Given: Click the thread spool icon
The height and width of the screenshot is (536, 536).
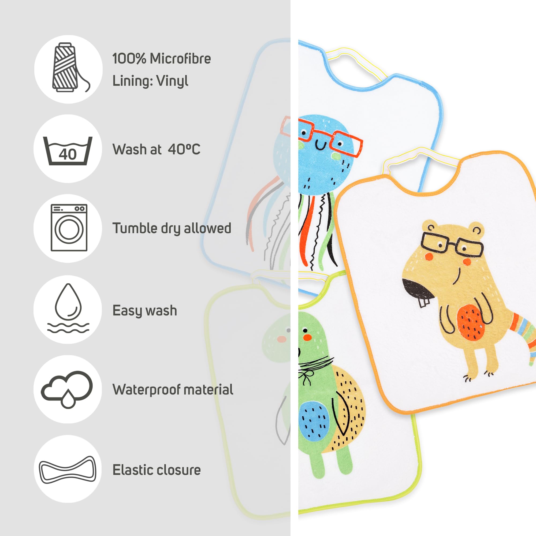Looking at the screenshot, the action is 69,68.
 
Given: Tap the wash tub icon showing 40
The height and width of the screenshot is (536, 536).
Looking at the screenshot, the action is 68,151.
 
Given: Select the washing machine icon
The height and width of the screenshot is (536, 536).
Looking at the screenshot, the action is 69,228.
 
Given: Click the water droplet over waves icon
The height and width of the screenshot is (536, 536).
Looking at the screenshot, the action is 68,308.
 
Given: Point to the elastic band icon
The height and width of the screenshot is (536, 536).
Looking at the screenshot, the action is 68,470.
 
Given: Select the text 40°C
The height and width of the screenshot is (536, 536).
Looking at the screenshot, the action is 184,149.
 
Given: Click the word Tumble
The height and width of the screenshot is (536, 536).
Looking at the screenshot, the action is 135,228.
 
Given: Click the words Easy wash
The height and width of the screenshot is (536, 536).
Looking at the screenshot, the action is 144,311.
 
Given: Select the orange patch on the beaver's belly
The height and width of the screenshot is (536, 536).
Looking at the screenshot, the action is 471,322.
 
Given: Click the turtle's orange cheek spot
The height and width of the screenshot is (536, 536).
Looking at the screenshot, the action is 307,337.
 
